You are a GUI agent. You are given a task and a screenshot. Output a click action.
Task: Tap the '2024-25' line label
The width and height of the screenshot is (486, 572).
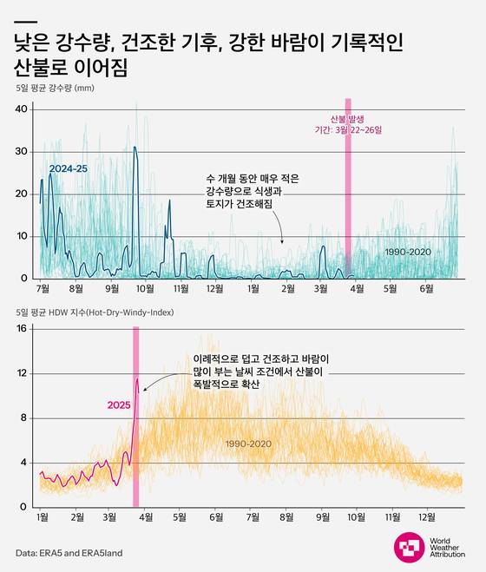(68, 168)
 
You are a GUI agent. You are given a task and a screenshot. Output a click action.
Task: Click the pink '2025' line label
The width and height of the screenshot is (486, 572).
(119, 404)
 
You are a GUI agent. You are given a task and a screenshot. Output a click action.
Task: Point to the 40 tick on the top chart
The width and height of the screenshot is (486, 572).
(23, 108)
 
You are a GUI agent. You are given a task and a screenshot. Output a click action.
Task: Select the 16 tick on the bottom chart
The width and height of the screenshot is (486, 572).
(23, 329)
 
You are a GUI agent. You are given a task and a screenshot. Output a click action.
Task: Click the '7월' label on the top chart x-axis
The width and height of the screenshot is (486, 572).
(41, 288)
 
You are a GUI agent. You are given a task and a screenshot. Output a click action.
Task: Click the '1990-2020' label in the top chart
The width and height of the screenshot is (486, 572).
(409, 252)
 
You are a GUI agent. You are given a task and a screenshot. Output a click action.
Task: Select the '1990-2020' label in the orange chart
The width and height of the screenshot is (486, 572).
(249, 444)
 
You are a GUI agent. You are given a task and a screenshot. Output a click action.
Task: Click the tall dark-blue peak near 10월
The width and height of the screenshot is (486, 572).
(135, 149)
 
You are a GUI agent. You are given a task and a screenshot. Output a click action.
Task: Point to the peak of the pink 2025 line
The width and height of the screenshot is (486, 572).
(137, 378)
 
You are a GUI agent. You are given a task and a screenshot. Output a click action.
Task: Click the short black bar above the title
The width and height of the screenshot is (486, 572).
(26, 22)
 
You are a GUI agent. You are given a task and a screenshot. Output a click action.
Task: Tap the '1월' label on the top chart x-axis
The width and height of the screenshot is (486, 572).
(253, 288)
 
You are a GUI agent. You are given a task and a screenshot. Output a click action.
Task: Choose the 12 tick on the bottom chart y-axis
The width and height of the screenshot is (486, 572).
(23, 373)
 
